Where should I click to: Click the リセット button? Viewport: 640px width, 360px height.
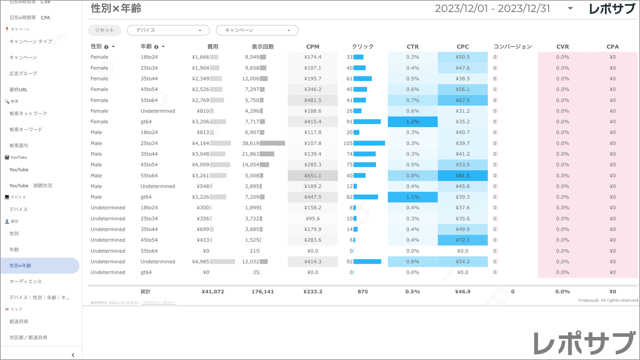coord(104,30)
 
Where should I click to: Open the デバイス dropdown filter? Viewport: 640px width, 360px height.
coord(168,30)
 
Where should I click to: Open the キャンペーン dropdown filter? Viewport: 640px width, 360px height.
coord(257,30)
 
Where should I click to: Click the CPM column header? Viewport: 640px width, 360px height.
coord(313,46)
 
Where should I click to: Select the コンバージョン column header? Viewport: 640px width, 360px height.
coord(512,46)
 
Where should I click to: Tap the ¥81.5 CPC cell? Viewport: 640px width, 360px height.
coord(463,175)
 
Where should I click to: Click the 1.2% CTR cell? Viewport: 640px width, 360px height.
coord(412,122)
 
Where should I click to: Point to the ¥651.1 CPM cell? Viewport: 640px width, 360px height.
coord(313,175)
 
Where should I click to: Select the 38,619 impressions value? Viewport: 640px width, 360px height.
coord(251,143)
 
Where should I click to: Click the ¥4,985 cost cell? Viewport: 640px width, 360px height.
coord(201,262)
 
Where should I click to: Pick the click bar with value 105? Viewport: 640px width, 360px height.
coord(369,143)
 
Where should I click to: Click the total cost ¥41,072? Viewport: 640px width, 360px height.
coord(213,292)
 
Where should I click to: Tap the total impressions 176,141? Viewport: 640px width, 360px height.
coord(263,292)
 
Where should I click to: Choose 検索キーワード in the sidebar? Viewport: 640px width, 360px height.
coord(26,130)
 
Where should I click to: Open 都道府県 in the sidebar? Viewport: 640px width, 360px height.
coord(19,321)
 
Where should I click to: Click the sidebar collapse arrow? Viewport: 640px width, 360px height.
coord(73,355)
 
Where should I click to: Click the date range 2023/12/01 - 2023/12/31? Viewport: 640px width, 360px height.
coord(492,8)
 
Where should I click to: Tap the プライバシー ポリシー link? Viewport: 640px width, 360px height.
coord(159,303)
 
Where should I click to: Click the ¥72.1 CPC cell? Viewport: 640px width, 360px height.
coord(463,240)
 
